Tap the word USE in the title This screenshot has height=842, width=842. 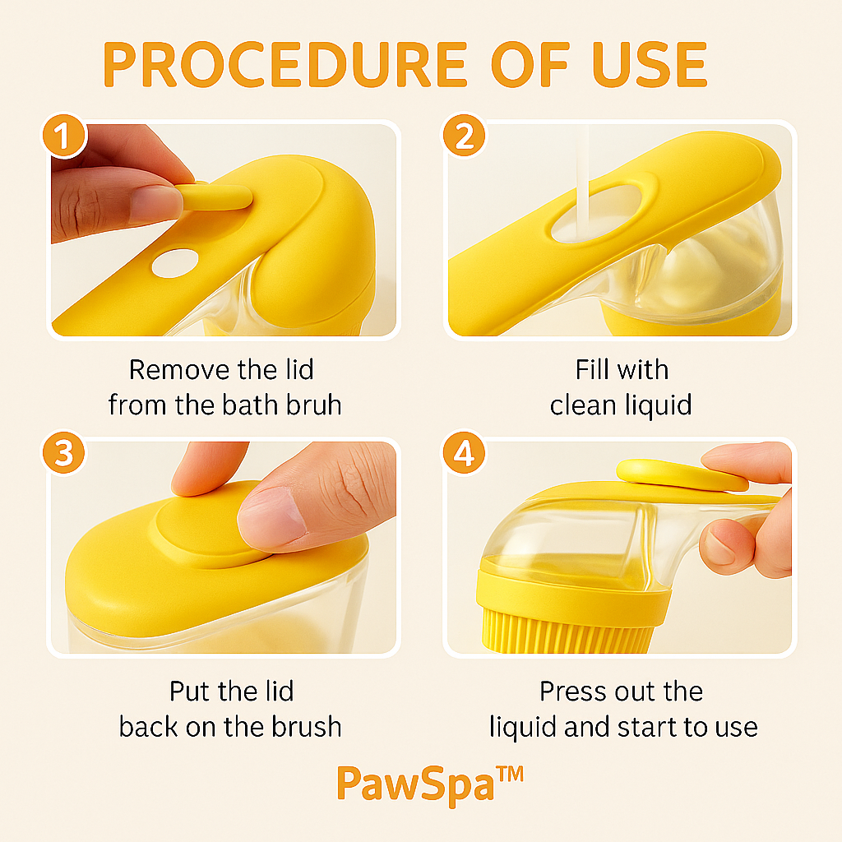(x=650, y=64)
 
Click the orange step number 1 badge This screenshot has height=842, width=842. (x=64, y=136)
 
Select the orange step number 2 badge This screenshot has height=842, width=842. (x=464, y=136)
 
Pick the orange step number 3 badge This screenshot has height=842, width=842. (x=64, y=453)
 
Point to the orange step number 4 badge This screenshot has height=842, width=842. (x=464, y=453)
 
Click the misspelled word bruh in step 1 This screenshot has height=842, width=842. (x=313, y=405)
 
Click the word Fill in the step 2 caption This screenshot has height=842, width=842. (x=592, y=369)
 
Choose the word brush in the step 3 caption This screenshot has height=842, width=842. (x=306, y=727)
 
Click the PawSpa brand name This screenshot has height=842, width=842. (x=415, y=785)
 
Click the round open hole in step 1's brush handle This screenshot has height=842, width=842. (x=175, y=263)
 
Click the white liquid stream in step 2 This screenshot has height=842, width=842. (x=582, y=183)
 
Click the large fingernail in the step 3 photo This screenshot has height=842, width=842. (x=273, y=519)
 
